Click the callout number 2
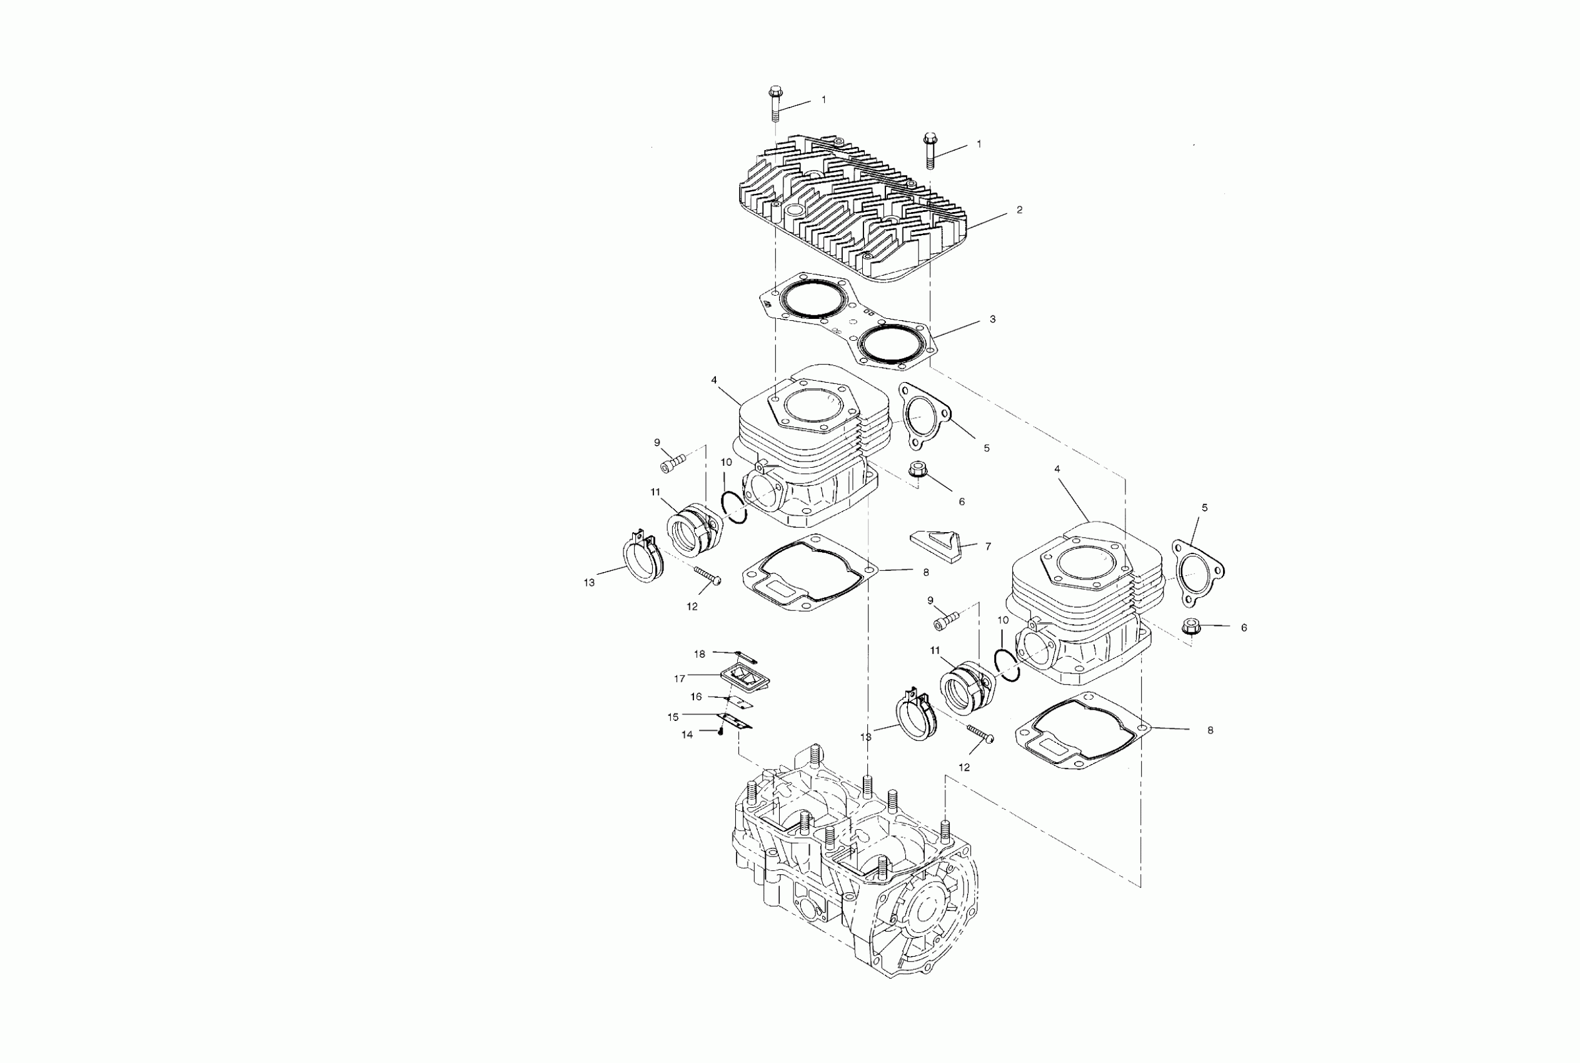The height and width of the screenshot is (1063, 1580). coord(1019,210)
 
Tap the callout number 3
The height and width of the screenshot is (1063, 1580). coord(992,319)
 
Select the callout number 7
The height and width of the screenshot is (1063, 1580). coord(988,546)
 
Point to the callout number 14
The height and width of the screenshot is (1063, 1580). coord(687,735)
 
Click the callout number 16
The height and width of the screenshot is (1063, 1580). coord(696,697)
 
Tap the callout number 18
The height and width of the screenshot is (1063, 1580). coord(700,654)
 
